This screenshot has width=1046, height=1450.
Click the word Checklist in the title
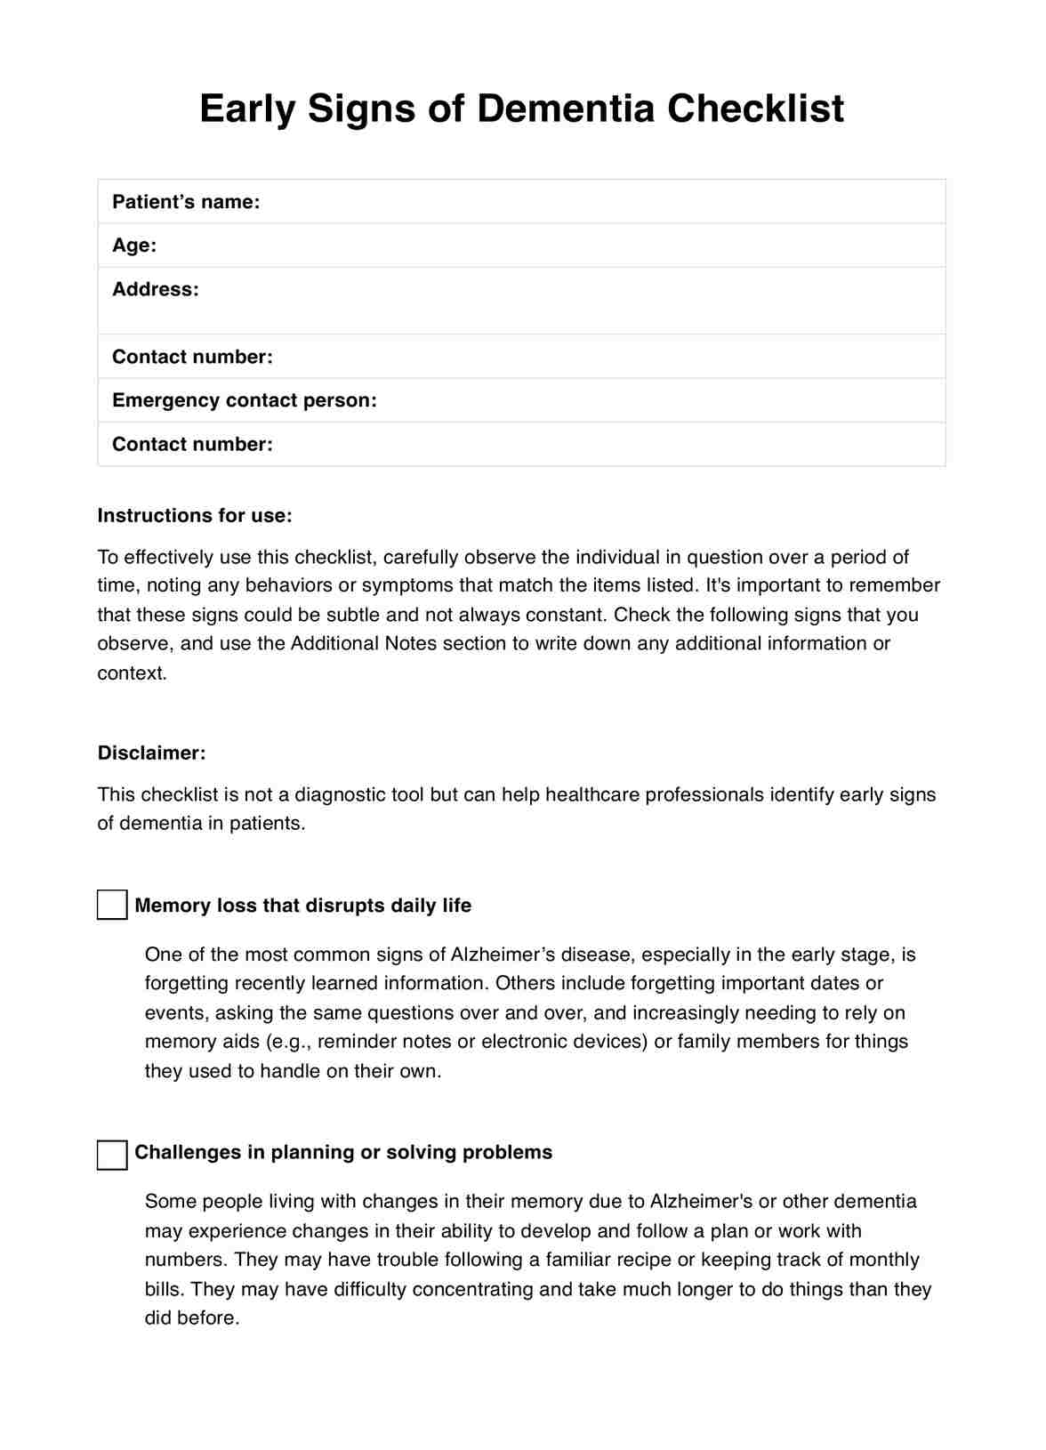pos(755,109)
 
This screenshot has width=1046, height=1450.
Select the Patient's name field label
pos(186,202)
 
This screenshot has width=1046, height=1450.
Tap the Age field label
pos(134,246)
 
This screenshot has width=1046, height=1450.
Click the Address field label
pos(156,289)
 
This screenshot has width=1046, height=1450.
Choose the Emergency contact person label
pos(245,400)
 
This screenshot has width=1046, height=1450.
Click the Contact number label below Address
pos(192,357)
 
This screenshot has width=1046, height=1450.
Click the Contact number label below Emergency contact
pos(192,444)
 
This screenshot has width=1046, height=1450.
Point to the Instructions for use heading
pos(195,516)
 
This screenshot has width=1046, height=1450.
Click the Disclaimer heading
pos(151,753)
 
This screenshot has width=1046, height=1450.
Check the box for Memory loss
pos(112,906)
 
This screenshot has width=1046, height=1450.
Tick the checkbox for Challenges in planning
pos(112,1155)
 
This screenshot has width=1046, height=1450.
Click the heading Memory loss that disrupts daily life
pos(302,906)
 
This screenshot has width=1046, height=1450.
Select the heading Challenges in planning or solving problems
pos(343,1153)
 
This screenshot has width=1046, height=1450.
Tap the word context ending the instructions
pos(132,673)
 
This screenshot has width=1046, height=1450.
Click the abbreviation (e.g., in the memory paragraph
pos(288,1042)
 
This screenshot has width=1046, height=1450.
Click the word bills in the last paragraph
pos(164,1289)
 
